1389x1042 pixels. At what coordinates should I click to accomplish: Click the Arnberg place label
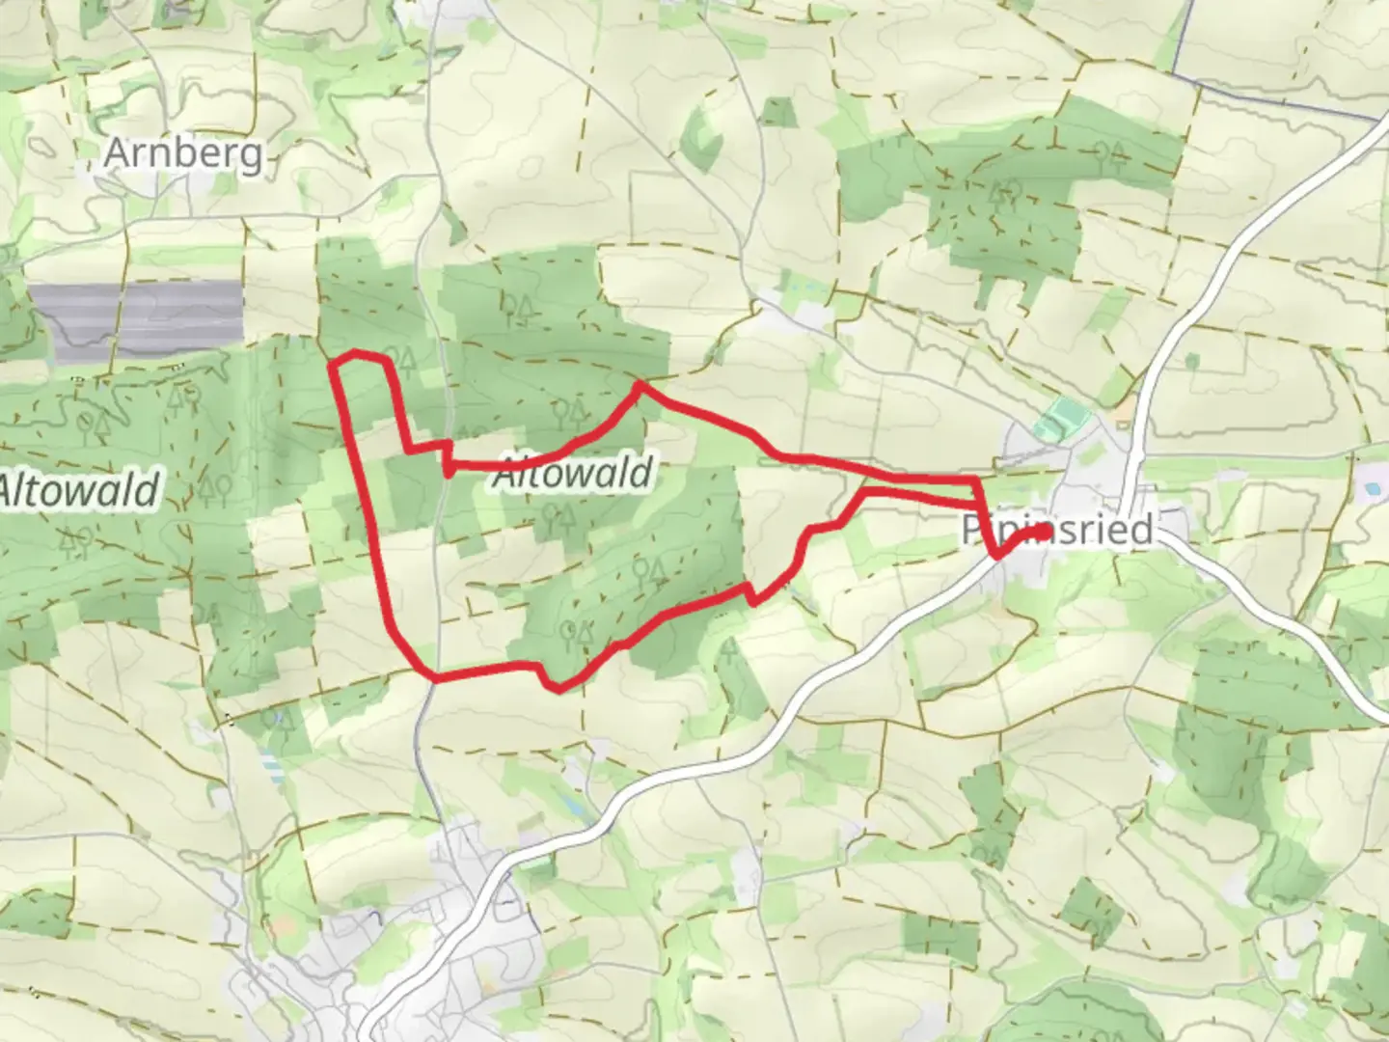pos(182,153)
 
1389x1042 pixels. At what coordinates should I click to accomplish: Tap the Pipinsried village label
pos(1057,530)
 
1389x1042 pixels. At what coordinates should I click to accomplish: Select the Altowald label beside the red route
pos(573,474)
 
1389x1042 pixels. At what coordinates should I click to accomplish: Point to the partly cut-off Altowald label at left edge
pos(77,491)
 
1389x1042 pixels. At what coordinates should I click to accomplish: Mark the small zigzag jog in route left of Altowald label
pos(449,457)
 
